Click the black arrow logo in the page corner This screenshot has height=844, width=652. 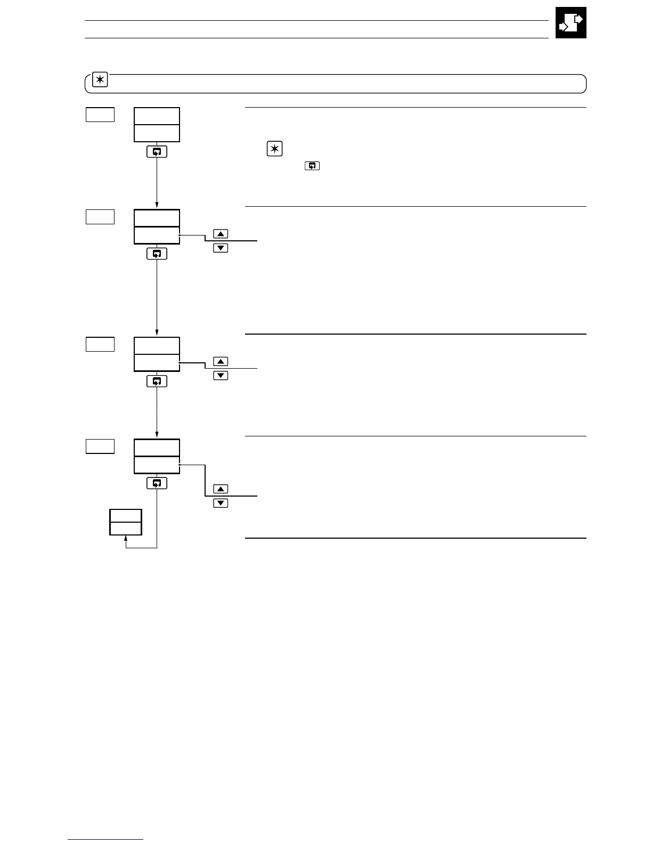point(570,22)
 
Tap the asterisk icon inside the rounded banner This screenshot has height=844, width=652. point(100,80)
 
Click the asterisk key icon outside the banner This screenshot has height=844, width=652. point(274,149)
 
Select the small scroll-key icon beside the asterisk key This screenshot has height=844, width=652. point(312,166)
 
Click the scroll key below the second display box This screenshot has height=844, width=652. point(157,254)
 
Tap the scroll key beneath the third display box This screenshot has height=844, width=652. point(157,382)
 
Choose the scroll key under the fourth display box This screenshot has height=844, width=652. point(157,483)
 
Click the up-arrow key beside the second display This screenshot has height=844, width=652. point(221,234)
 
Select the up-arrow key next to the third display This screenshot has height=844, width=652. point(221,362)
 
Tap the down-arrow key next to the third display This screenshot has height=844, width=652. point(221,376)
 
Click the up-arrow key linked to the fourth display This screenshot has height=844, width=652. point(221,489)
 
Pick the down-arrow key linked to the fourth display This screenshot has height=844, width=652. point(221,503)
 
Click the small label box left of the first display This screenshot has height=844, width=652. point(100,115)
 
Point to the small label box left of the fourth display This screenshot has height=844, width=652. point(100,447)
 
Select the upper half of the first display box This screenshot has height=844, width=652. point(157,116)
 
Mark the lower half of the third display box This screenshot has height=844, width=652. point(157,363)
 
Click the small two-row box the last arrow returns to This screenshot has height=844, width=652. point(126,522)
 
